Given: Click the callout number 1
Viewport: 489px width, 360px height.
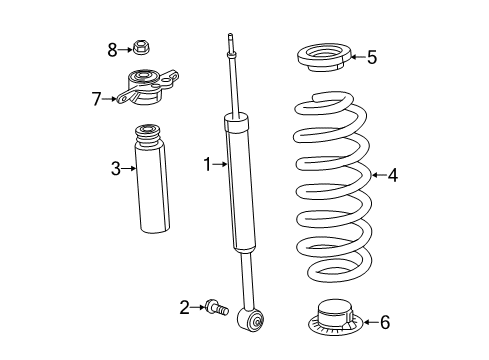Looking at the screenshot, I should point(207,163).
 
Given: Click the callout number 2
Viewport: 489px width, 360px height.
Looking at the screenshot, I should point(183,306).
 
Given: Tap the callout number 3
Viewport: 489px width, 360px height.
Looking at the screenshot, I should point(116,168).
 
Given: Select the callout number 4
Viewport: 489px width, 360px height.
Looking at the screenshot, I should point(392,176).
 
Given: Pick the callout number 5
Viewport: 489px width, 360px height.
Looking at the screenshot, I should point(371,58).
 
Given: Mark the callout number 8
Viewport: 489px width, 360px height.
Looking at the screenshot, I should point(113,47).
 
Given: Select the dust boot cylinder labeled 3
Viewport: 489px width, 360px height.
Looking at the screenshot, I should point(153,180).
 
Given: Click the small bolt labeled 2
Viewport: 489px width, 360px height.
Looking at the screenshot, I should point(215,308).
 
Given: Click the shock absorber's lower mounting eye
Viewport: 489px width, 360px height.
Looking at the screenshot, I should point(252,320).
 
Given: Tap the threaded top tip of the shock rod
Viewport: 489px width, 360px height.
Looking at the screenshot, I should point(230,41).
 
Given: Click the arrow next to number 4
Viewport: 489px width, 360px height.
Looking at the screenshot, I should point(377,176).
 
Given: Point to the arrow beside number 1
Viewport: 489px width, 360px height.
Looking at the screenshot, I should point(220,163).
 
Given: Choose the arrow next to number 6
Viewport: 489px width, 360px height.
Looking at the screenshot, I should point(368,321).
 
